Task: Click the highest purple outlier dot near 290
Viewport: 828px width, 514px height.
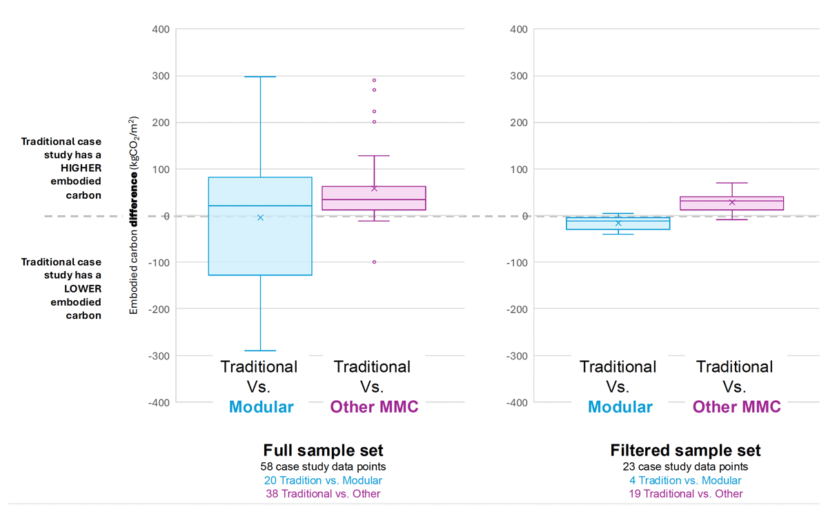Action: click(374, 80)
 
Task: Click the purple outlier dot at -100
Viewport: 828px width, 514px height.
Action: click(374, 262)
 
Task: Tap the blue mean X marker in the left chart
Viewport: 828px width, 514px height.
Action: click(260, 217)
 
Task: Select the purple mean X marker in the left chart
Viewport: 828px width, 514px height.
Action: click(374, 188)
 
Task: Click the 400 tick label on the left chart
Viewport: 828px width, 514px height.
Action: click(161, 30)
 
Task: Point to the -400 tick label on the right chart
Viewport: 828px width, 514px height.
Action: click(519, 402)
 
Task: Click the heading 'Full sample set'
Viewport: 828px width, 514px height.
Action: click(323, 451)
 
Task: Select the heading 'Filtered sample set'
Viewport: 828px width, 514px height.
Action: click(685, 451)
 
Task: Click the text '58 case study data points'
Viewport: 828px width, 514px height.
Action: click(323, 466)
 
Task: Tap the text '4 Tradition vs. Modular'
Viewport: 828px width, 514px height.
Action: click(685, 480)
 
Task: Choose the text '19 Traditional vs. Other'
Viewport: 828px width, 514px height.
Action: click(685, 494)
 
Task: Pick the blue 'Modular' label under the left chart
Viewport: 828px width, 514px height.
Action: click(261, 407)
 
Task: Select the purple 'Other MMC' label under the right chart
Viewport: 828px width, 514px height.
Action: click(736, 407)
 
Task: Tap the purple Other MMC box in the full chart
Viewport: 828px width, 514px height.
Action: click(374, 198)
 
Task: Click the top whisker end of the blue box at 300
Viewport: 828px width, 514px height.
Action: click(260, 77)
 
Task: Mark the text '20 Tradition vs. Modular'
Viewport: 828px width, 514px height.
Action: click(323, 480)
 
